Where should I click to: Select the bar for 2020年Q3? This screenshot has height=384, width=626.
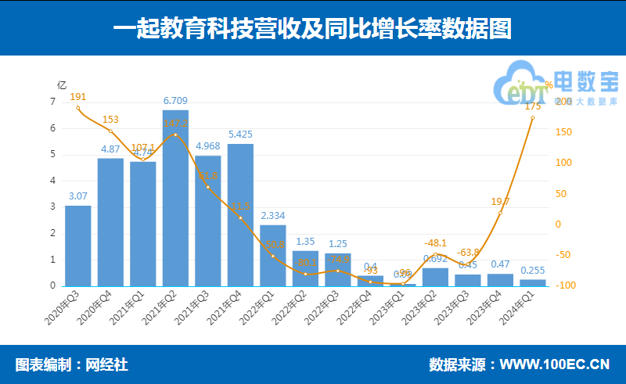pyautogui.click(x=77, y=246)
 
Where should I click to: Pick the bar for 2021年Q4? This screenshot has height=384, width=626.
pyautogui.click(x=240, y=214)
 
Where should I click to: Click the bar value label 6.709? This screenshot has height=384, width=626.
pyautogui.click(x=175, y=101)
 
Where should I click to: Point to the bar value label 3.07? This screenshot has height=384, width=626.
pyautogui.click(x=77, y=196)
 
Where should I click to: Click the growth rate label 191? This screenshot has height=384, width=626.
pyautogui.click(x=77, y=96)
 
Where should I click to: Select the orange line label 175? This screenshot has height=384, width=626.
pyautogui.click(x=533, y=106)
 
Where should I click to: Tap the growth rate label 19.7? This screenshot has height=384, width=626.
pyautogui.click(x=500, y=201)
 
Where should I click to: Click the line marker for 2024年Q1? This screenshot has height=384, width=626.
pyautogui.click(x=533, y=118)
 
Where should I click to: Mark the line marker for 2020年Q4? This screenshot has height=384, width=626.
pyautogui.click(x=110, y=131)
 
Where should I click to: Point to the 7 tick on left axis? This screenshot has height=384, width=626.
pyautogui.click(x=52, y=102)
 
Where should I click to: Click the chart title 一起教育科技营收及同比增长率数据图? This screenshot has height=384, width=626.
pyautogui.click(x=312, y=29)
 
